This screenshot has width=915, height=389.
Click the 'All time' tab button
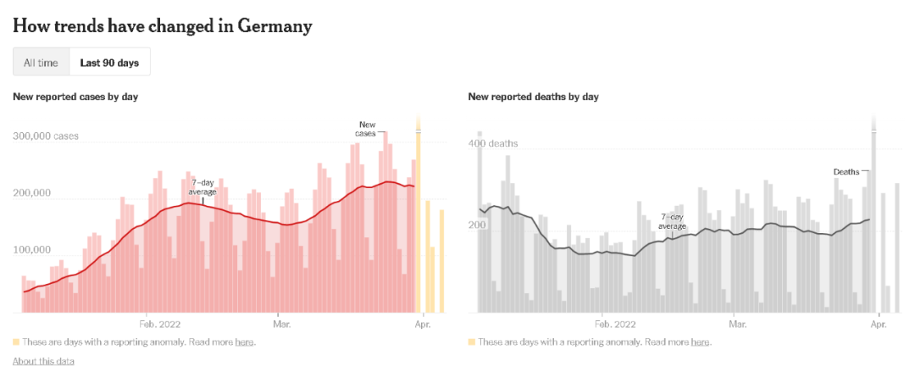(x=41, y=62)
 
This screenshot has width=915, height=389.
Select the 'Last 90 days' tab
(x=109, y=62)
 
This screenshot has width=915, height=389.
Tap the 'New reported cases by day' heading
(x=75, y=97)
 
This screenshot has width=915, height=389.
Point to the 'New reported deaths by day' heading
(x=533, y=97)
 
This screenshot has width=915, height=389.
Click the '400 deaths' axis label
(x=496, y=143)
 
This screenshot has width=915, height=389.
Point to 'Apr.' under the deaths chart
(x=879, y=324)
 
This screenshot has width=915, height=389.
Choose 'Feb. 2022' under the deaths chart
(x=615, y=324)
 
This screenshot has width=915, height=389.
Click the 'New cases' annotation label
(x=366, y=129)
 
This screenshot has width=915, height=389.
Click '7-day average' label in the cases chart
(x=202, y=186)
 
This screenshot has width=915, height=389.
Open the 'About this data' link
(x=43, y=361)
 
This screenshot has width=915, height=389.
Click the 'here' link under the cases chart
(x=244, y=342)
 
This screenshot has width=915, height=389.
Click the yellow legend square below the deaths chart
(x=471, y=342)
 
